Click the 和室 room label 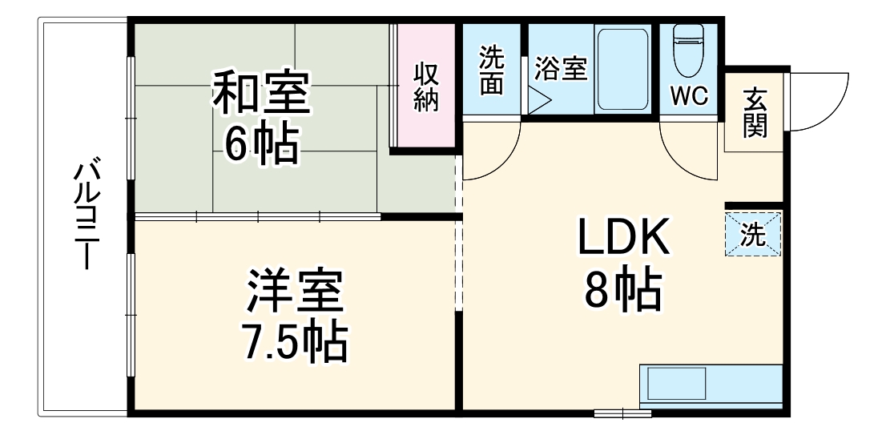260,94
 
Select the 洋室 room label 295,292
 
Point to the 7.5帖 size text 295,342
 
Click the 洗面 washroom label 492,71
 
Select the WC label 689,95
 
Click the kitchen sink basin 678,385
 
